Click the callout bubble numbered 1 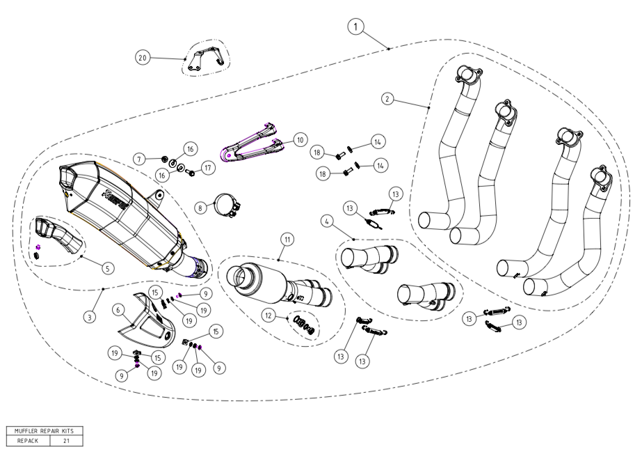355,27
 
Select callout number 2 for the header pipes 387,98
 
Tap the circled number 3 89,317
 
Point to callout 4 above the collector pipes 327,221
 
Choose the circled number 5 107,267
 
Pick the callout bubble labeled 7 139,160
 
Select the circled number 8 200,207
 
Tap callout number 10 300,139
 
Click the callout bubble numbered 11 286,239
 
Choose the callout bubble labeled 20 143,59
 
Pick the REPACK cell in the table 28,441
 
